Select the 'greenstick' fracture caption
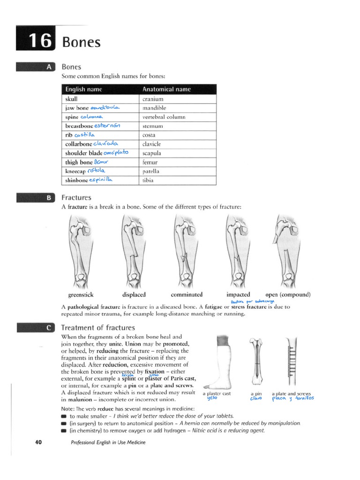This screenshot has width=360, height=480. [x=81, y=295]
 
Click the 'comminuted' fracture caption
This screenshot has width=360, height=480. [x=187, y=295]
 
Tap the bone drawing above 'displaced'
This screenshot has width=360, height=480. [x=132, y=251]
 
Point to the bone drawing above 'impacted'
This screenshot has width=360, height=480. [x=238, y=251]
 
